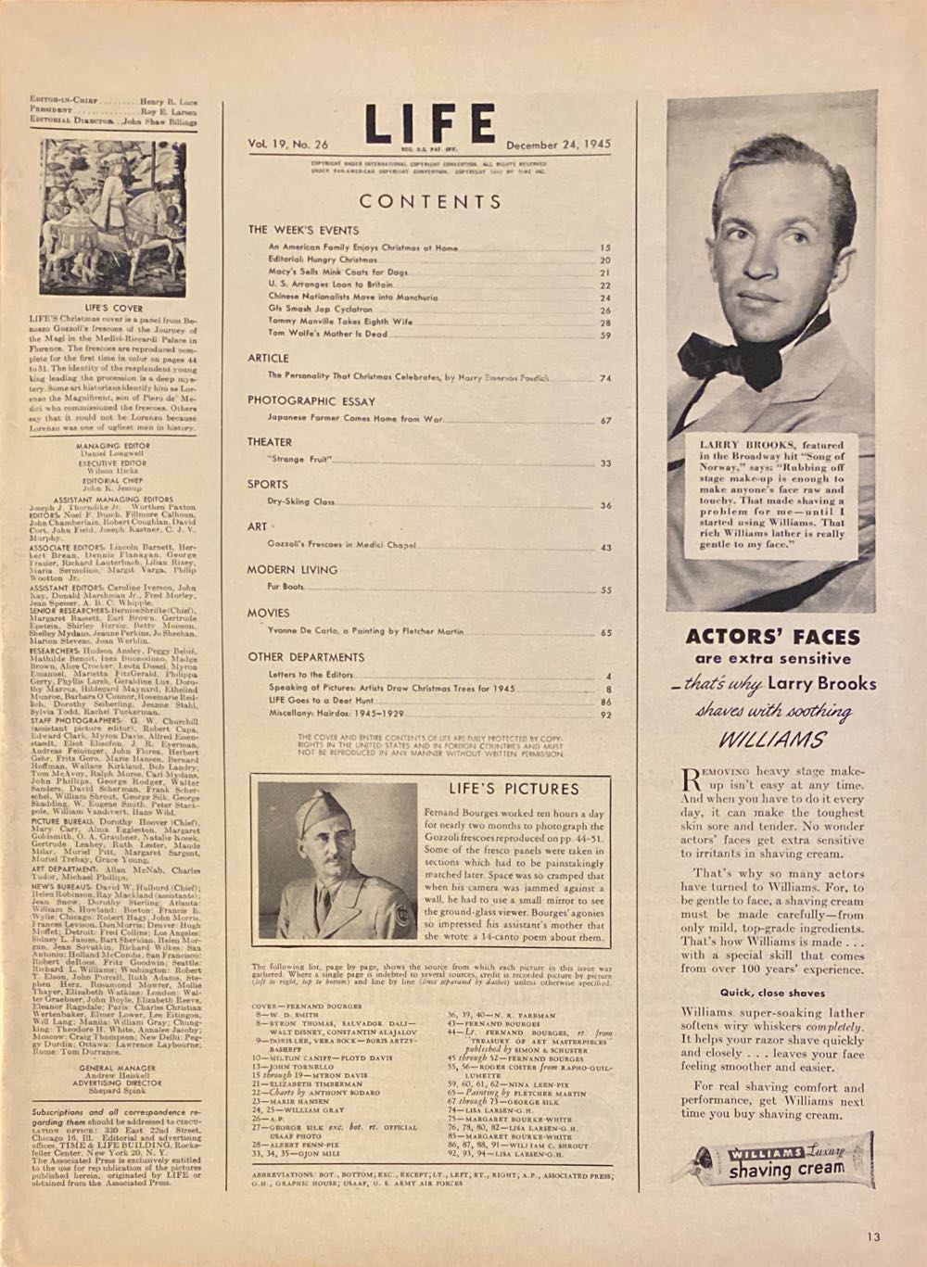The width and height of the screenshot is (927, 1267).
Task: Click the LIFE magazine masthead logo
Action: pyautogui.click(x=428, y=123)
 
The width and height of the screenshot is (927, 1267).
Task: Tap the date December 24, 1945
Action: pyautogui.click(x=559, y=145)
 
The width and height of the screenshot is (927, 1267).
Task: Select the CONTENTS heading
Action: pyautogui.click(x=430, y=201)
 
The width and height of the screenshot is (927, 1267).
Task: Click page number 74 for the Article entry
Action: pyautogui.click(x=605, y=377)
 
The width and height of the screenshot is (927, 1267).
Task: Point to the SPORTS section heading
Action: pyautogui.click(x=268, y=484)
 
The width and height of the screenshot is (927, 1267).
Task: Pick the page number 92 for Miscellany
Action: pyautogui.click(x=605, y=715)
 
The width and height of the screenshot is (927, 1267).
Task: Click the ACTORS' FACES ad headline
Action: pyautogui.click(x=772, y=637)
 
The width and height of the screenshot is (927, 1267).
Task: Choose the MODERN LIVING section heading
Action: pyautogui.click(x=292, y=569)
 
